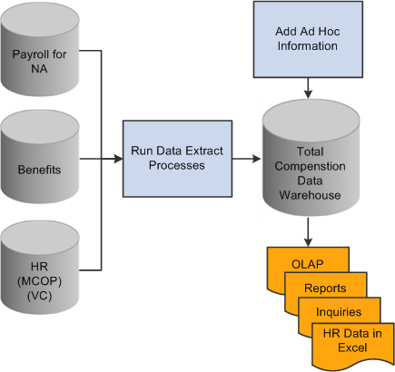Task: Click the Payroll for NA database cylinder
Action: click(x=40, y=49)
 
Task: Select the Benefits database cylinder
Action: click(x=40, y=157)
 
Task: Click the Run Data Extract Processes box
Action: click(x=177, y=159)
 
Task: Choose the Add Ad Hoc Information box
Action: click(x=308, y=39)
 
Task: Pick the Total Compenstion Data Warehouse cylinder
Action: click(x=311, y=158)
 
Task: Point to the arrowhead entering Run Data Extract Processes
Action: click(x=118, y=159)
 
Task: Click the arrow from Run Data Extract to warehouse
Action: click(x=247, y=159)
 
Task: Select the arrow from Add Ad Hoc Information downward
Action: click(x=308, y=88)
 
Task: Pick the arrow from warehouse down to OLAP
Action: click(x=308, y=232)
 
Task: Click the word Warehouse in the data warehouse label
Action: click(x=310, y=195)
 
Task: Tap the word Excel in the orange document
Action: click(x=352, y=348)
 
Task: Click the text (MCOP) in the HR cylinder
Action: click(x=40, y=281)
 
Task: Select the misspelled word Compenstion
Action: click(x=310, y=166)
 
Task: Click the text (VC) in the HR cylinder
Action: click(x=40, y=296)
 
